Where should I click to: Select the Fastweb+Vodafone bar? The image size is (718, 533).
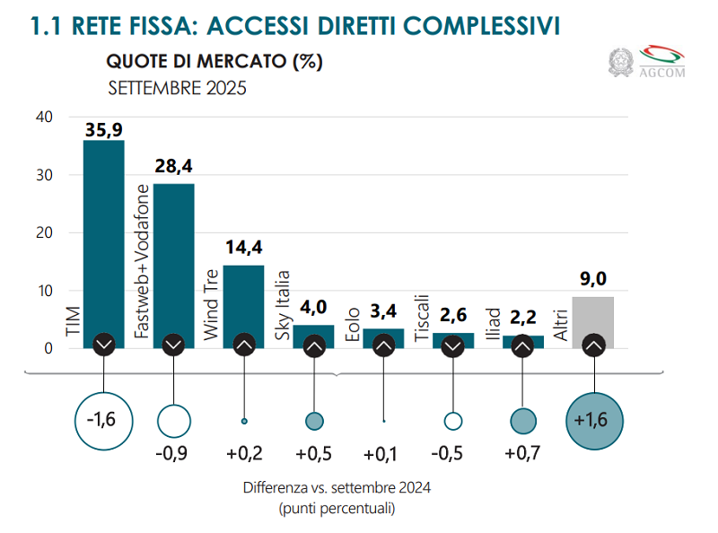[x=173, y=260]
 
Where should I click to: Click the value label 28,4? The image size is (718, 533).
[x=173, y=166]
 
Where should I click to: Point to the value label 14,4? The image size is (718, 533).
[x=243, y=249]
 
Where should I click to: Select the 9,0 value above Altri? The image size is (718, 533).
[x=593, y=279]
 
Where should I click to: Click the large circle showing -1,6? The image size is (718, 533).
[x=104, y=419]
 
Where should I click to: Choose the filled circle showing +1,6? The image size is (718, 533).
[x=593, y=419]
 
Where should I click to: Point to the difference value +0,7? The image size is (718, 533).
[x=523, y=454]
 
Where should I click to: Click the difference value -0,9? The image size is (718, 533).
[x=173, y=454]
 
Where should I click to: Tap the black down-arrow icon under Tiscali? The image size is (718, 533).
[x=453, y=345]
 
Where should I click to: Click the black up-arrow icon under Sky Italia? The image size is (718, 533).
[x=313, y=345]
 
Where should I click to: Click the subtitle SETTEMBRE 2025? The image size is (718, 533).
[x=177, y=89]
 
